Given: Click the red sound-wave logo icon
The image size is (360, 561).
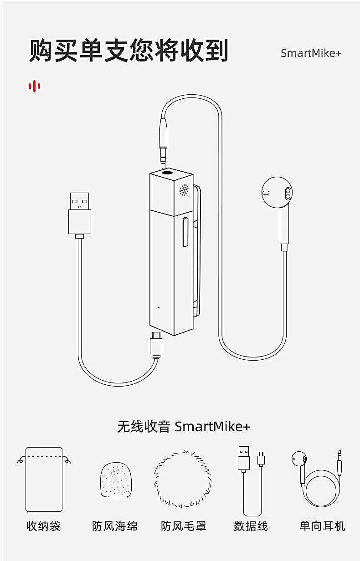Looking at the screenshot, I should [x=34, y=86].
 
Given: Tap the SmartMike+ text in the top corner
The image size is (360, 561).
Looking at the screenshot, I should [x=311, y=53].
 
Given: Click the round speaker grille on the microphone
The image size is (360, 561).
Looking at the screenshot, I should [x=184, y=189].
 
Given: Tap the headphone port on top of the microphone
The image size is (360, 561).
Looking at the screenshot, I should [x=167, y=173].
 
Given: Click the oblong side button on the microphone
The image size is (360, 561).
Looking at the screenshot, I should [x=185, y=232].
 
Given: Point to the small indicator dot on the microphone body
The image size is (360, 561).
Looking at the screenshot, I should [x=159, y=307].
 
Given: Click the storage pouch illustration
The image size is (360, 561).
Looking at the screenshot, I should [x=44, y=479].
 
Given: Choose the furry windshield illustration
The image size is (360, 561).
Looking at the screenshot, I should [x=182, y=479].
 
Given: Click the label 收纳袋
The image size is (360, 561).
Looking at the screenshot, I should [x=44, y=526].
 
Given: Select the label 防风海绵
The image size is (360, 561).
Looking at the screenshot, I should [x=115, y=526].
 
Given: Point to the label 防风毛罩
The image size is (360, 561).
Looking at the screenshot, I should [x=184, y=526].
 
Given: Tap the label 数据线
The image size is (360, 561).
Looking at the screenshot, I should [x=251, y=526].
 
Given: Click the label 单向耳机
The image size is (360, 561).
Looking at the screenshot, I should [x=322, y=526].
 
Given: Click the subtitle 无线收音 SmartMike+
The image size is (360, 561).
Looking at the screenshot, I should [x=184, y=427].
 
